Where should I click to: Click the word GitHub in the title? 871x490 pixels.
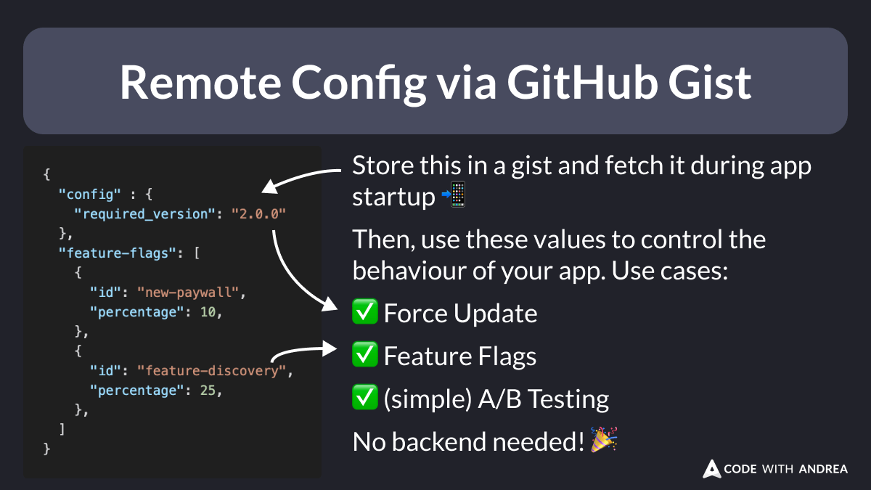click(577, 82)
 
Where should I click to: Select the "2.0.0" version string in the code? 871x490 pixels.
click(259, 213)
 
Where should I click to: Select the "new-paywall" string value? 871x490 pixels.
click(194, 293)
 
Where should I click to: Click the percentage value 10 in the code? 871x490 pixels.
click(208, 312)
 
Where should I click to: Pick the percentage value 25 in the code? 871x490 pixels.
click(208, 391)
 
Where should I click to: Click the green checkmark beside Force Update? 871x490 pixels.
click(364, 313)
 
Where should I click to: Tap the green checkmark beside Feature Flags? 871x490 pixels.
click(364, 356)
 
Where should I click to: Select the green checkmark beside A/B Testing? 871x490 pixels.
click(364, 399)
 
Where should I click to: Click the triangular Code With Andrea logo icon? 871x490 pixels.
click(712, 469)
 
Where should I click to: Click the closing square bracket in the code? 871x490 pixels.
click(62, 430)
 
